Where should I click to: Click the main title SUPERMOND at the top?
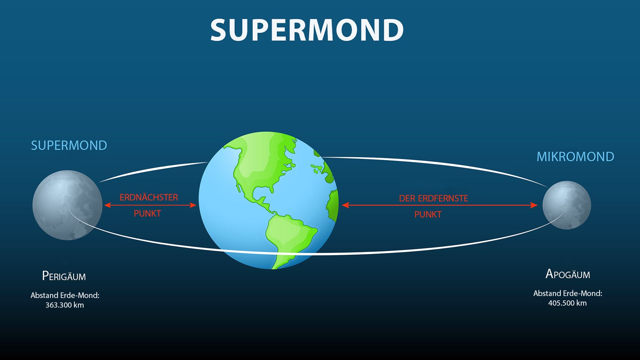pyautogui.click(x=307, y=30)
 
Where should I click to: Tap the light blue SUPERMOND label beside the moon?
pyautogui.click(x=69, y=145)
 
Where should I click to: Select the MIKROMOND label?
pyautogui.click(x=575, y=156)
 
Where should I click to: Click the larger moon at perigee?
pyautogui.click(x=67, y=205)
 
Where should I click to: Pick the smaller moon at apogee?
pyautogui.click(x=566, y=205)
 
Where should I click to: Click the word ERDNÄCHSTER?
pyautogui.click(x=149, y=197)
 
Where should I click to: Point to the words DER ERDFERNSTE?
pyautogui.click(x=433, y=198)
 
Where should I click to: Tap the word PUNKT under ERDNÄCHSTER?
pyautogui.click(x=147, y=214)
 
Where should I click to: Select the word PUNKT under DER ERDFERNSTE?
pyautogui.click(x=428, y=214)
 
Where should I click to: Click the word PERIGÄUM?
pyautogui.click(x=64, y=276)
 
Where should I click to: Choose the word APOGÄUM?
pyautogui.click(x=568, y=274)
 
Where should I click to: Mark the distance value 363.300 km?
pyautogui.click(x=64, y=305)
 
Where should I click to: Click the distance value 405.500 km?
pyautogui.click(x=567, y=303)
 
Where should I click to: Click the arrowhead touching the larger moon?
pyautogui.click(x=107, y=205)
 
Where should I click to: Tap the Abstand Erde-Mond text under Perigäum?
pyautogui.click(x=65, y=295)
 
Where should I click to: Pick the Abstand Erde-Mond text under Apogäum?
pyautogui.click(x=568, y=293)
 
